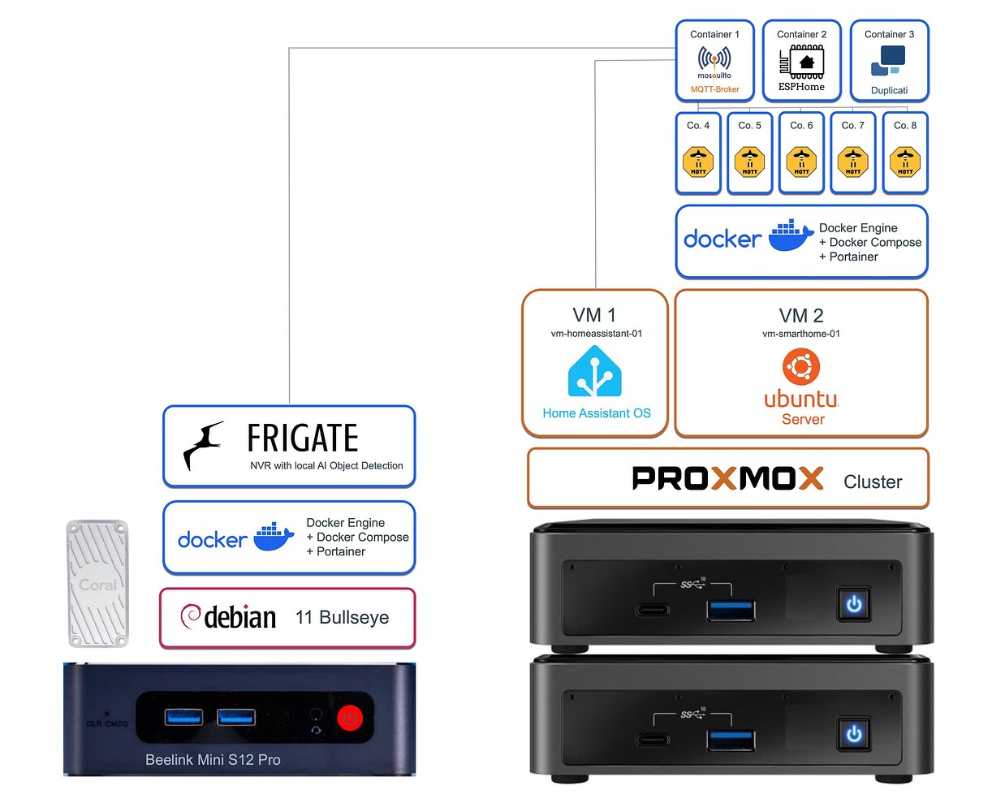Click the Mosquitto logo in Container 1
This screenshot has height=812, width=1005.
pos(714,60)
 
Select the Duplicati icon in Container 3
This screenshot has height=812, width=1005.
pos(888,60)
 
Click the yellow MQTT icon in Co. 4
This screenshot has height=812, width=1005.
pos(698,161)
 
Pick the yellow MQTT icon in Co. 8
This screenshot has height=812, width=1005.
pos(905,161)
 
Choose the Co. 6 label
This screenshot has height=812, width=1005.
pos(801,126)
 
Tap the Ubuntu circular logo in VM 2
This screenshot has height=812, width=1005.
pos(801,367)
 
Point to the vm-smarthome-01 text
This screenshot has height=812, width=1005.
pos(801,334)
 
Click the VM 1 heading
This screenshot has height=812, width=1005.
pos(594,315)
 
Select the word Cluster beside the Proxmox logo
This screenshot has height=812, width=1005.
pos(873,482)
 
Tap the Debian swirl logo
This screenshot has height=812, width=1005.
pos(191,615)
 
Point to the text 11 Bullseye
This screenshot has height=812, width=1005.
pos(342,617)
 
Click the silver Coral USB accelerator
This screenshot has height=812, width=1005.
pos(97,583)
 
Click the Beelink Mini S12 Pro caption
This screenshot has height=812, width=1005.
pos(213,760)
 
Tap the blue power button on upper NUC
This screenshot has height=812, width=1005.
pos(854,604)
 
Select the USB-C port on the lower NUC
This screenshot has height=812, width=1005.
pos(653,739)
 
